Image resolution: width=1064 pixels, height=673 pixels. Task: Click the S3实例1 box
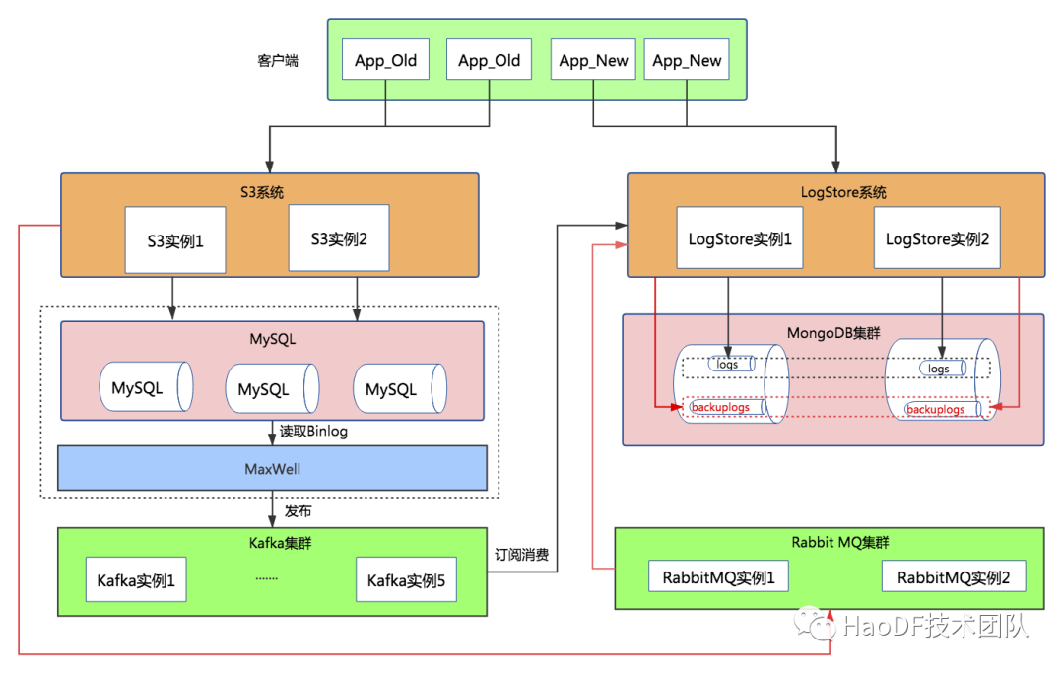click(x=173, y=239)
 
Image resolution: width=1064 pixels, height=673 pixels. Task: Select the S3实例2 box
click(x=338, y=237)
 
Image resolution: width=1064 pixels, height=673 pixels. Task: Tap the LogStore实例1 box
click(x=739, y=238)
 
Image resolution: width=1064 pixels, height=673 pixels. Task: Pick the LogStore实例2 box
click(x=937, y=238)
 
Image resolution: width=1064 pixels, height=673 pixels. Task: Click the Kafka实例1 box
click(x=136, y=581)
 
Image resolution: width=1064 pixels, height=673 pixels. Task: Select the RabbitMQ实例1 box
click(x=718, y=577)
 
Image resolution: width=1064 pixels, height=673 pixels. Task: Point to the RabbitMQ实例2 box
click(x=954, y=577)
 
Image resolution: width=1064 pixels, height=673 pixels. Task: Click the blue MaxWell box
click(x=272, y=468)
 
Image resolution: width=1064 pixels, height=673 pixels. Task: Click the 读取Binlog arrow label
click(x=313, y=431)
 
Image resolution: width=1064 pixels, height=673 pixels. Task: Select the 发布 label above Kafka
click(x=298, y=510)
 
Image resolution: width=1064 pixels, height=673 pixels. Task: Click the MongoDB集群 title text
click(x=832, y=332)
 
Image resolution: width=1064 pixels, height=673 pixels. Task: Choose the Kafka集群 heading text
click(x=271, y=542)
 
